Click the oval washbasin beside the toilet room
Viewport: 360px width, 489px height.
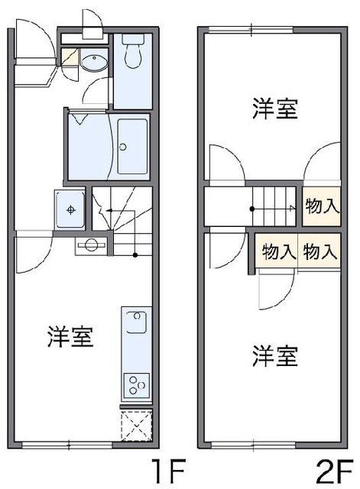pyautogui.click(x=95, y=63)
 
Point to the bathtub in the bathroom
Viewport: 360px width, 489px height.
pyautogui.click(x=131, y=146)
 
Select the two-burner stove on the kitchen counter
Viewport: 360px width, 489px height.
pyautogui.click(x=135, y=381)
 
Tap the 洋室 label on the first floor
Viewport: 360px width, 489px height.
pyautogui.click(x=70, y=336)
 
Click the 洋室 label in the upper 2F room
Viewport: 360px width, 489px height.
pyautogui.click(x=274, y=109)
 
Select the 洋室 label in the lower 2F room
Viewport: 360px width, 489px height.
pyautogui.click(x=274, y=355)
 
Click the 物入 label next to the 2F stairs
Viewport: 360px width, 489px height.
pyautogui.click(x=321, y=205)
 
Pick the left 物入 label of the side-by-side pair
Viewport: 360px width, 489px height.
pyautogui.click(x=278, y=251)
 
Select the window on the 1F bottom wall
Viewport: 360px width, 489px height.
pyautogui.click(x=67, y=444)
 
